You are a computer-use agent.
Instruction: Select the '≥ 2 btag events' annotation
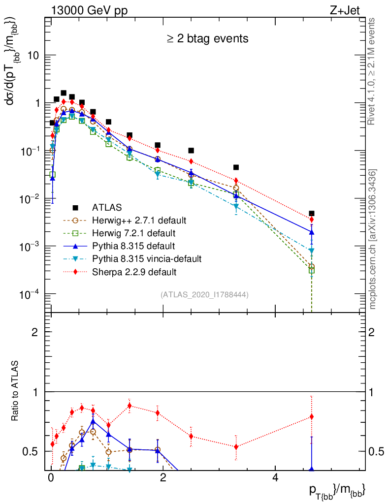pos(207,38)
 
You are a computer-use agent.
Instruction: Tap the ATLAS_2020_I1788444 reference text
pos(204,295)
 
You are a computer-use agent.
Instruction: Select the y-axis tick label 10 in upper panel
pos(32,55)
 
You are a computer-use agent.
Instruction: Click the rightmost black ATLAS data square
pos(312,214)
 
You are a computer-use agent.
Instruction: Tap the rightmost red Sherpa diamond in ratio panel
pos(312,417)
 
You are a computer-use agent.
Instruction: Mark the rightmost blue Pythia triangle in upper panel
pos(312,232)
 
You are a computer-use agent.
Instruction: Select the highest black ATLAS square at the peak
pos(64,93)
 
